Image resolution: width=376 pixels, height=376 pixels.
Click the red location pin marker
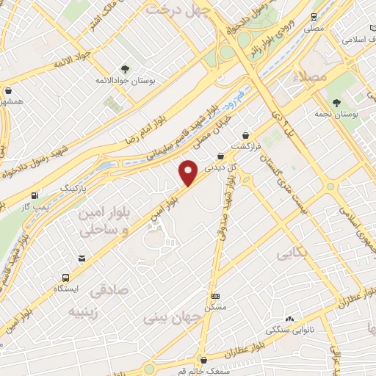[x=189, y=173]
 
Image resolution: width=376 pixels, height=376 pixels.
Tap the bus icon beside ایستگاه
[x=65, y=278]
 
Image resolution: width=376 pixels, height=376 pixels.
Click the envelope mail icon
[x=82, y=258]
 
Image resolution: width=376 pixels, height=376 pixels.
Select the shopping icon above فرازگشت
[x=245, y=135]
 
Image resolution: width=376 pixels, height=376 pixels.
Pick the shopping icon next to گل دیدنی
[x=220, y=156]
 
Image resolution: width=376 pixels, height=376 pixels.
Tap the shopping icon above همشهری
[x=8, y=91]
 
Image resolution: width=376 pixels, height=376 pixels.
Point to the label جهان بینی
[x=165, y=318]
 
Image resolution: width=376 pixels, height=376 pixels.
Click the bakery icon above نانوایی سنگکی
[x=289, y=319]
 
